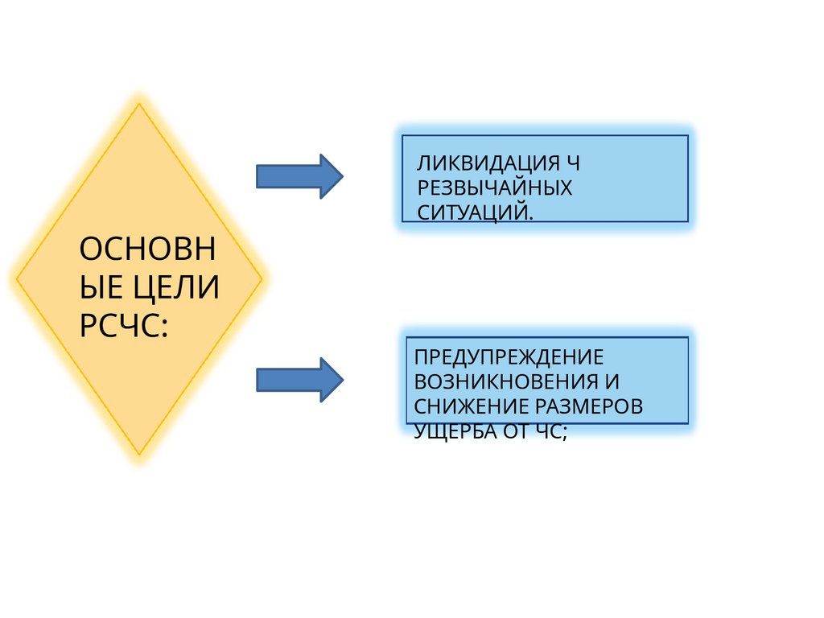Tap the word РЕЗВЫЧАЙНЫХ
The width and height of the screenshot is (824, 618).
(x=494, y=188)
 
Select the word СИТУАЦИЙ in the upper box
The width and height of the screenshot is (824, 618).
(x=473, y=212)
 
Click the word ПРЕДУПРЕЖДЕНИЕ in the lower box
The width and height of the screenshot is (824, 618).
(x=509, y=356)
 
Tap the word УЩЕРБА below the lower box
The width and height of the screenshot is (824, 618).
(x=450, y=431)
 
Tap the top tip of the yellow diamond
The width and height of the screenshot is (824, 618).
(x=139, y=105)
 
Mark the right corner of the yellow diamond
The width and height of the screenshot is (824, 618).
(x=262, y=279)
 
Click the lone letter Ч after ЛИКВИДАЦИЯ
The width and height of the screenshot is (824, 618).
(x=572, y=163)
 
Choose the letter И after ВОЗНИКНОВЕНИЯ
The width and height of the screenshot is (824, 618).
(x=612, y=381)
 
